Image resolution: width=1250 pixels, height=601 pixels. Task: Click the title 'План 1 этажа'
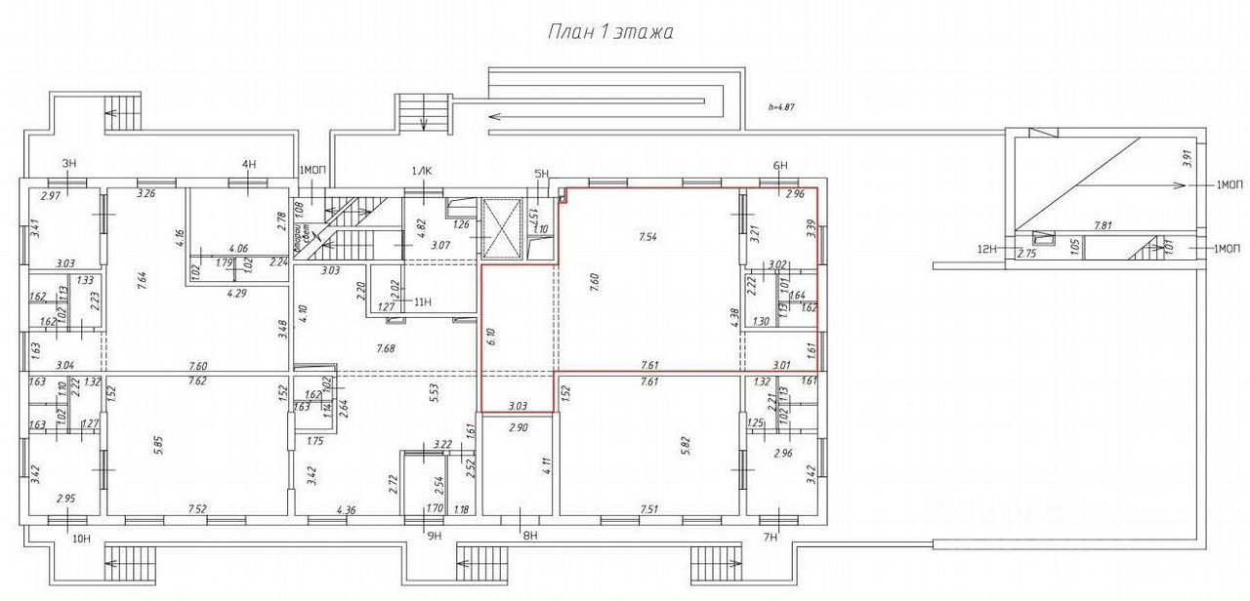point(609,32)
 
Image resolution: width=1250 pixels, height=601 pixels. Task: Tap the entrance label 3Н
point(69,163)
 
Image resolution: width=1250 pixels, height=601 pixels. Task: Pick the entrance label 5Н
point(542,175)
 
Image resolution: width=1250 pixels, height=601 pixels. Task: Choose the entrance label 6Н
point(779,166)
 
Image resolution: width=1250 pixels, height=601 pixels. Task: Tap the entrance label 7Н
point(770,537)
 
